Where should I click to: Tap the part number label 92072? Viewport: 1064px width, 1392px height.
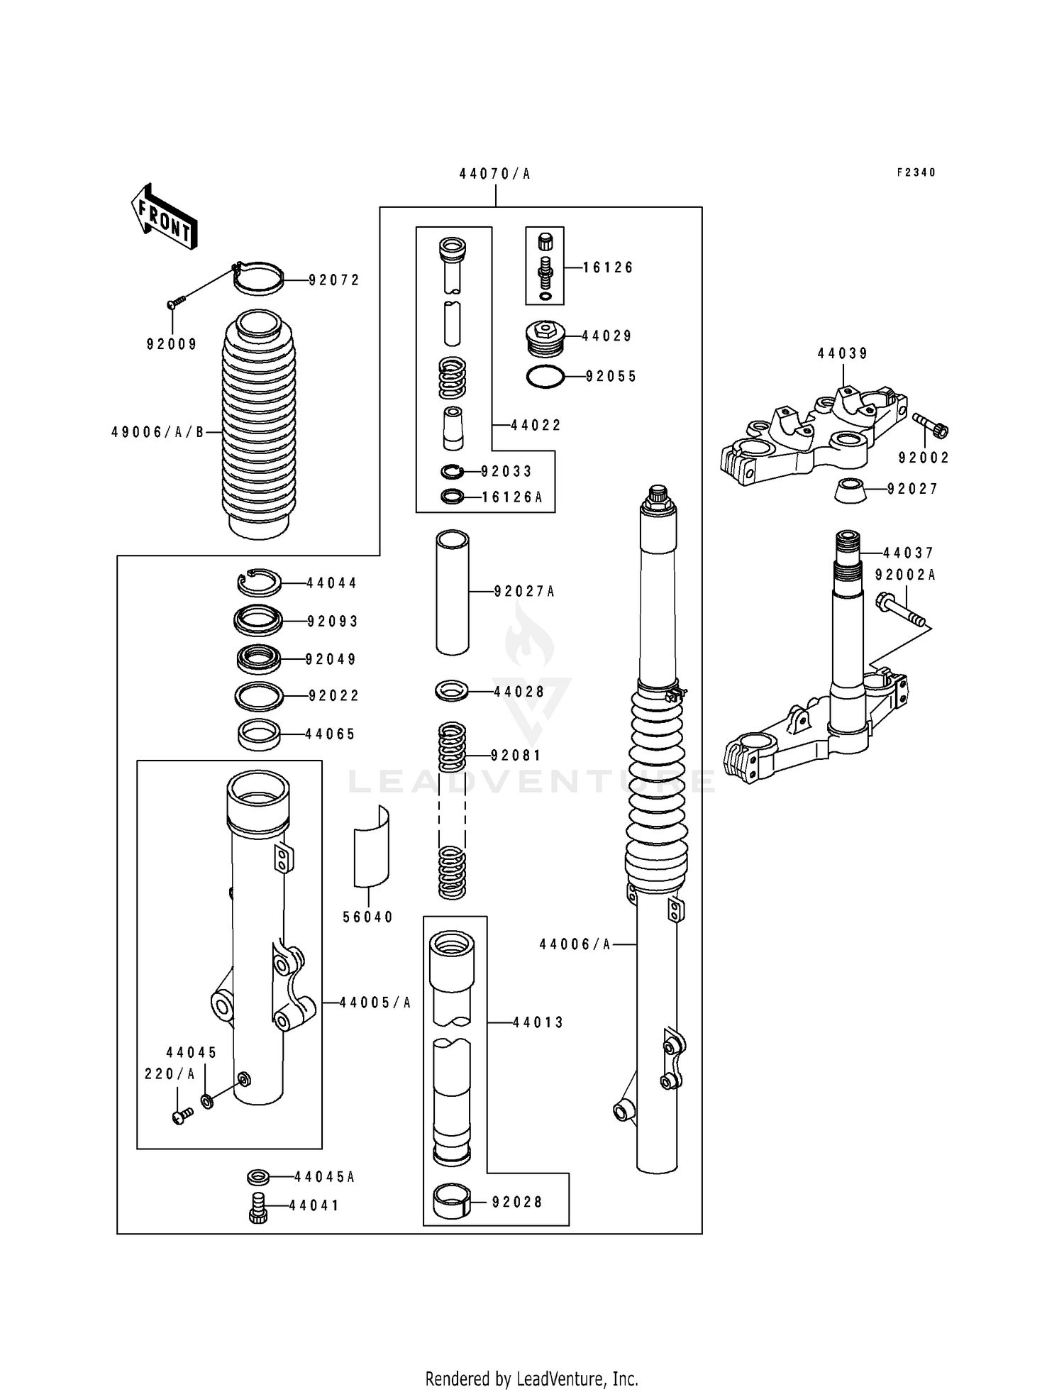(334, 280)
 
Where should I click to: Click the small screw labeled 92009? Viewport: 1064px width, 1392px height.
(175, 303)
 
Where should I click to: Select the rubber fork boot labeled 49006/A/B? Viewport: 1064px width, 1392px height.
(258, 426)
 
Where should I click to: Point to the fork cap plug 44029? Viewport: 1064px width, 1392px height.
(545, 338)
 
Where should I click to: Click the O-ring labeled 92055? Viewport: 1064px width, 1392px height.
(545, 377)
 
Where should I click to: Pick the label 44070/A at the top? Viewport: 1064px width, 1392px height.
(494, 174)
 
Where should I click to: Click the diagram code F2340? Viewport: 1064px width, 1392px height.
(916, 172)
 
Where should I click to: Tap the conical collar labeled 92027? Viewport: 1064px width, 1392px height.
(849, 490)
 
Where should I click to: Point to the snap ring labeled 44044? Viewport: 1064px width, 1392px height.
(259, 583)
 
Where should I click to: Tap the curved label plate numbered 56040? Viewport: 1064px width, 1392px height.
(372, 846)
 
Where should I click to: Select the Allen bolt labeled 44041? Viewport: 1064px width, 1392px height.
(257, 1207)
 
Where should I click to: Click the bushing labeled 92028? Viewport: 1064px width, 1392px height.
(452, 1201)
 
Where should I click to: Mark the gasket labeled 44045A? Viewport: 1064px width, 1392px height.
(257, 1177)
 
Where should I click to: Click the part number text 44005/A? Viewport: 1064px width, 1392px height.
(375, 1002)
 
